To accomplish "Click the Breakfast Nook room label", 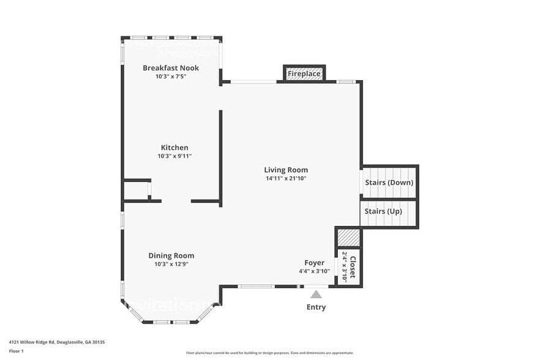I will pyautogui.click(x=171, y=68).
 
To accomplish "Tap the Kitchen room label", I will pyautogui.click(x=174, y=148).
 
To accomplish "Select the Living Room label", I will pyautogui.click(x=286, y=170).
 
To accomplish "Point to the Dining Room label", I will pyautogui.click(x=171, y=256).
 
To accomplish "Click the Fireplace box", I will pyautogui.click(x=304, y=73).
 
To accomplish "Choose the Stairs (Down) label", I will pyautogui.click(x=389, y=182).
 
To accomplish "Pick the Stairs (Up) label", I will pyautogui.click(x=383, y=211).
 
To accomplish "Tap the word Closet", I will pyautogui.click(x=352, y=267).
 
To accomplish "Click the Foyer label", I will pyautogui.click(x=315, y=263).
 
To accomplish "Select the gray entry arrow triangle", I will pyautogui.click(x=316, y=294).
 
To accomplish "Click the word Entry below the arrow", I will pyautogui.click(x=316, y=307).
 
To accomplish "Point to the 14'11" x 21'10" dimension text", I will pyautogui.click(x=286, y=179).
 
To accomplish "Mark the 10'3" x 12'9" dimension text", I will pyautogui.click(x=171, y=264).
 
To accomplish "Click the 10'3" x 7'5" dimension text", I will pyautogui.click(x=171, y=77).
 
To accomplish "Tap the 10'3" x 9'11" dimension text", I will pyautogui.click(x=174, y=156).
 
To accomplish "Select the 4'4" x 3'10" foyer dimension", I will pyautogui.click(x=315, y=271).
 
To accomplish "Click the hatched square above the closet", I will pyautogui.click(x=348, y=238).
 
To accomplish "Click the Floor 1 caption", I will pyautogui.click(x=17, y=351).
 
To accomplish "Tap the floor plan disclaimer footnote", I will pyautogui.click(x=269, y=353).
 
